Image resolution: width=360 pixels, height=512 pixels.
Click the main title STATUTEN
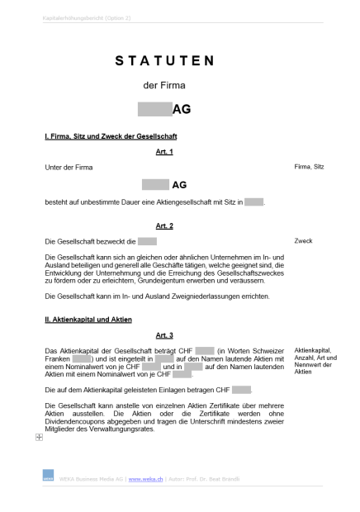pyautogui.click(x=164, y=61)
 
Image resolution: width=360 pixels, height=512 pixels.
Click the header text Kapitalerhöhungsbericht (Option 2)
pyautogui.click(x=87, y=17)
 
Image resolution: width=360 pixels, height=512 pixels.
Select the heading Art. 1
pyautogui.click(x=164, y=152)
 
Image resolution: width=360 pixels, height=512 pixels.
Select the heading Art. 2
pyautogui.click(x=164, y=225)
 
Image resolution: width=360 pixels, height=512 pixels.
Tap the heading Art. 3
pyautogui.click(x=164, y=334)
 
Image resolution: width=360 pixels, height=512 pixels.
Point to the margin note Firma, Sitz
pyautogui.click(x=309, y=167)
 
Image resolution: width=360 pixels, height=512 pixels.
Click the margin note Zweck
pyautogui.click(x=303, y=241)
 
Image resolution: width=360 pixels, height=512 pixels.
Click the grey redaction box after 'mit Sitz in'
pyautogui.click(x=253, y=201)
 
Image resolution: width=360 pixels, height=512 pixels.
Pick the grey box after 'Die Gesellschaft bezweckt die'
pyautogui.click(x=147, y=241)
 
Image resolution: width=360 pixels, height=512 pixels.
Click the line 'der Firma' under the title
pyautogui.click(x=164, y=85)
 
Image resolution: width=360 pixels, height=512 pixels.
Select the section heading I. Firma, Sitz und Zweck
pyautogui.click(x=111, y=136)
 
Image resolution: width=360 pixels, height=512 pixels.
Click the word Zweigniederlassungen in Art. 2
pyautogui.click(x=218, y=295)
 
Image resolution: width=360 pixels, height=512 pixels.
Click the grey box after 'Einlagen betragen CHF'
pyautogui.click(x=241, y=389)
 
